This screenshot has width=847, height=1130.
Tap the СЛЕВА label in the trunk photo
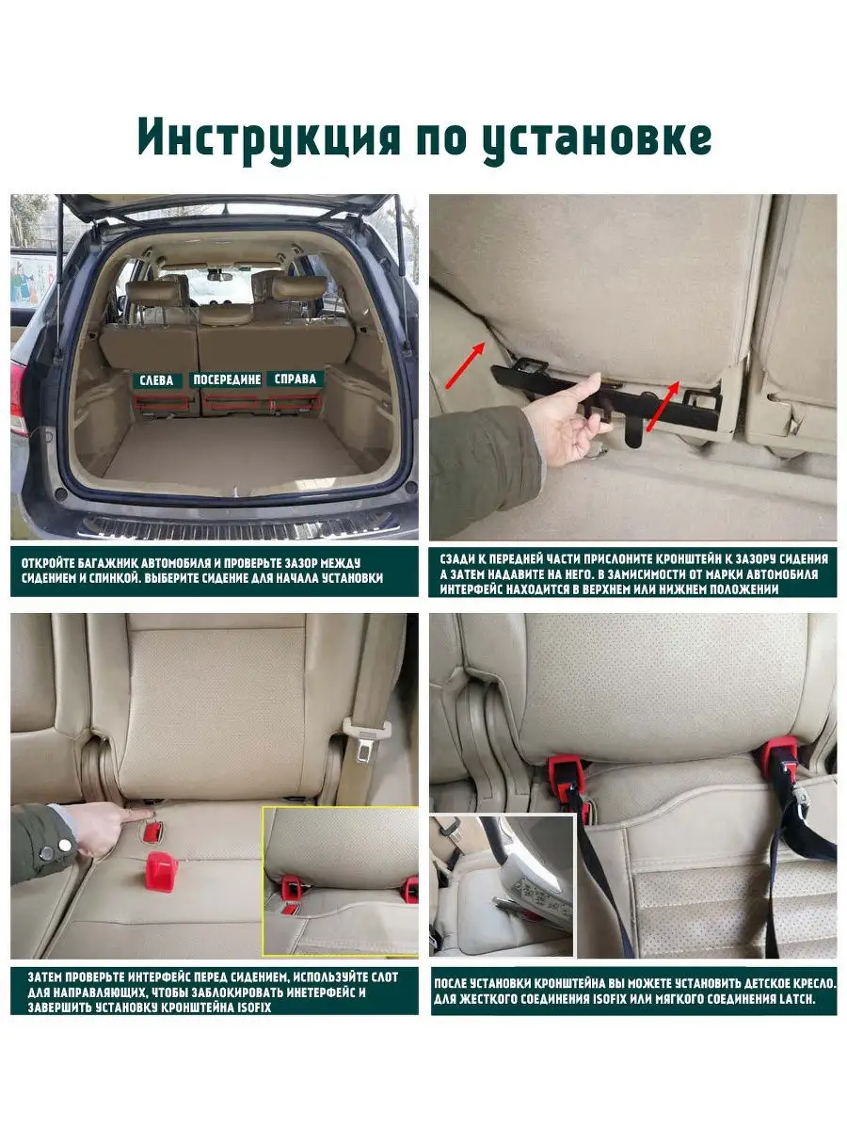pos(156,380)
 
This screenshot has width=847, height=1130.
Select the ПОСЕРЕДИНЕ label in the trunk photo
pos(228,379)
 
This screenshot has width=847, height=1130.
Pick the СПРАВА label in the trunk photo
pos(296,379)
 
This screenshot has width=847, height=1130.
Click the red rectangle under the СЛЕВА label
pos(159,401)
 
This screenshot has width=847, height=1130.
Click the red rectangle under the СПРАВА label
pos(295,401)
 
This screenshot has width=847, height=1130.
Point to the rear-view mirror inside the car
pos(219,277)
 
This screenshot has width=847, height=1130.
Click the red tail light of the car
pos(17,396)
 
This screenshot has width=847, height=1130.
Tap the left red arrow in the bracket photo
pos(465,365)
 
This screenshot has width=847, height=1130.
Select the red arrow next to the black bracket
pos(663,406)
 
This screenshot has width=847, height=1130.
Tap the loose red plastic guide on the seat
pos(160,871)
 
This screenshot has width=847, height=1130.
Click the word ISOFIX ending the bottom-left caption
pos(254,1007)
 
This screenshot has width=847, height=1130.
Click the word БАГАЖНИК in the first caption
pos(106,563)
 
